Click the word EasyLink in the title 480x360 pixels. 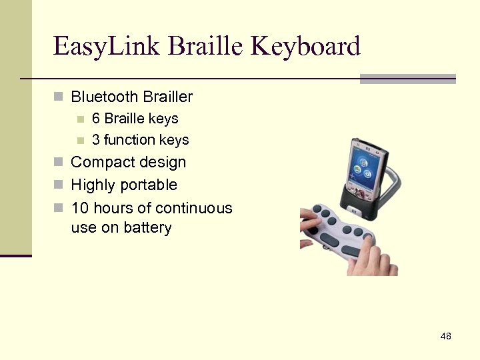click(x=107, y=47)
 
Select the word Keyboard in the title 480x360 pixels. click(x=306, y=47)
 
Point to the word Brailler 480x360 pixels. click(x=167, y=97)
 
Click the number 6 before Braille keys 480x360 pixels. click(x=96, y=119)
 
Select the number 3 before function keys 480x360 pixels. click(x=96, y=140)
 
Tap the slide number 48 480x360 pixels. click(x=446, y=336)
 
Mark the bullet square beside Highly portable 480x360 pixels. click(x=58, y=185)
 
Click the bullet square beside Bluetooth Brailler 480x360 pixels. click(x=58, y=98)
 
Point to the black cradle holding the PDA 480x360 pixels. click(x=361, y=199)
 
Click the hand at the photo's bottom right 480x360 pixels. click(x=377, y=260)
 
